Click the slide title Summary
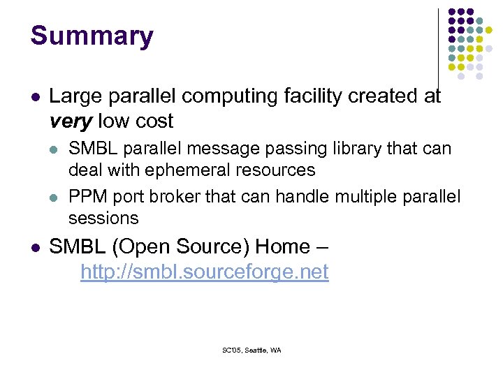click(92, 36)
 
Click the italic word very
click(71, 121)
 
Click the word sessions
click(103, 218)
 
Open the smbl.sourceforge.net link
click(204, 272)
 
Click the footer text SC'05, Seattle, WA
click(251, 350)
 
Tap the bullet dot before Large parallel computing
click(35, 96)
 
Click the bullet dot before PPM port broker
click(54, 198)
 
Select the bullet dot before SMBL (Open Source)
click(35, 247)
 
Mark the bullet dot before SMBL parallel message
click(54, 149)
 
